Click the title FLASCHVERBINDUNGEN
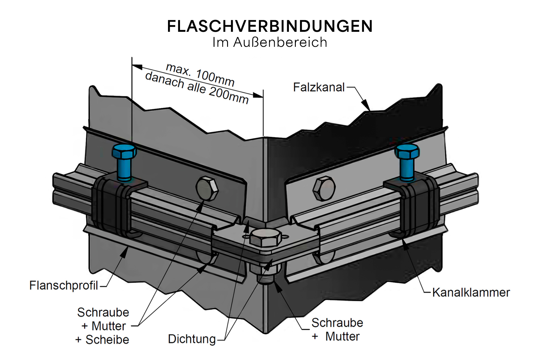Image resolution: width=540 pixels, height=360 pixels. (270, 26)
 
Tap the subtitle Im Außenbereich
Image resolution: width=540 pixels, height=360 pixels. (270, 42)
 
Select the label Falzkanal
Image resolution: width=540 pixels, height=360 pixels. (319, 87)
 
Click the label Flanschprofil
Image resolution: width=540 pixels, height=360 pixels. (64, 285)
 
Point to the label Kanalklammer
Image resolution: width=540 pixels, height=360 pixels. (471, 292)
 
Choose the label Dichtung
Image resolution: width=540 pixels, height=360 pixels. (192, 339)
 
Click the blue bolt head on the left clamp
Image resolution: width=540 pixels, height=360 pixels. (124, 151)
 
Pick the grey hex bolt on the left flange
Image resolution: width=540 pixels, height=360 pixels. (207, 189)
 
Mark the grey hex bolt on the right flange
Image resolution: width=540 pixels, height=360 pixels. (324, 188)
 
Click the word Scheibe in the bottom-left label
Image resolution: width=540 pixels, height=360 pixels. (107, 340)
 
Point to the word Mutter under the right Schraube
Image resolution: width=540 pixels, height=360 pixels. (342, 337)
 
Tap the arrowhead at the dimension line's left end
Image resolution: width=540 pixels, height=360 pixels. (137, 67)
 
